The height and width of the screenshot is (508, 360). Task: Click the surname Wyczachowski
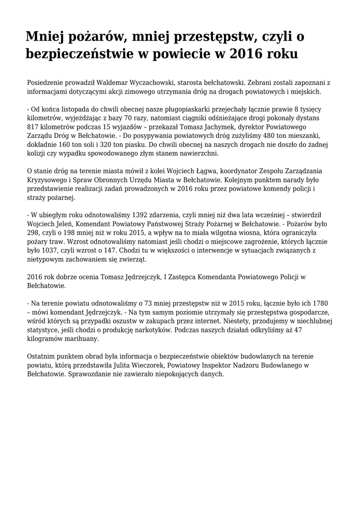(144, 83)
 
